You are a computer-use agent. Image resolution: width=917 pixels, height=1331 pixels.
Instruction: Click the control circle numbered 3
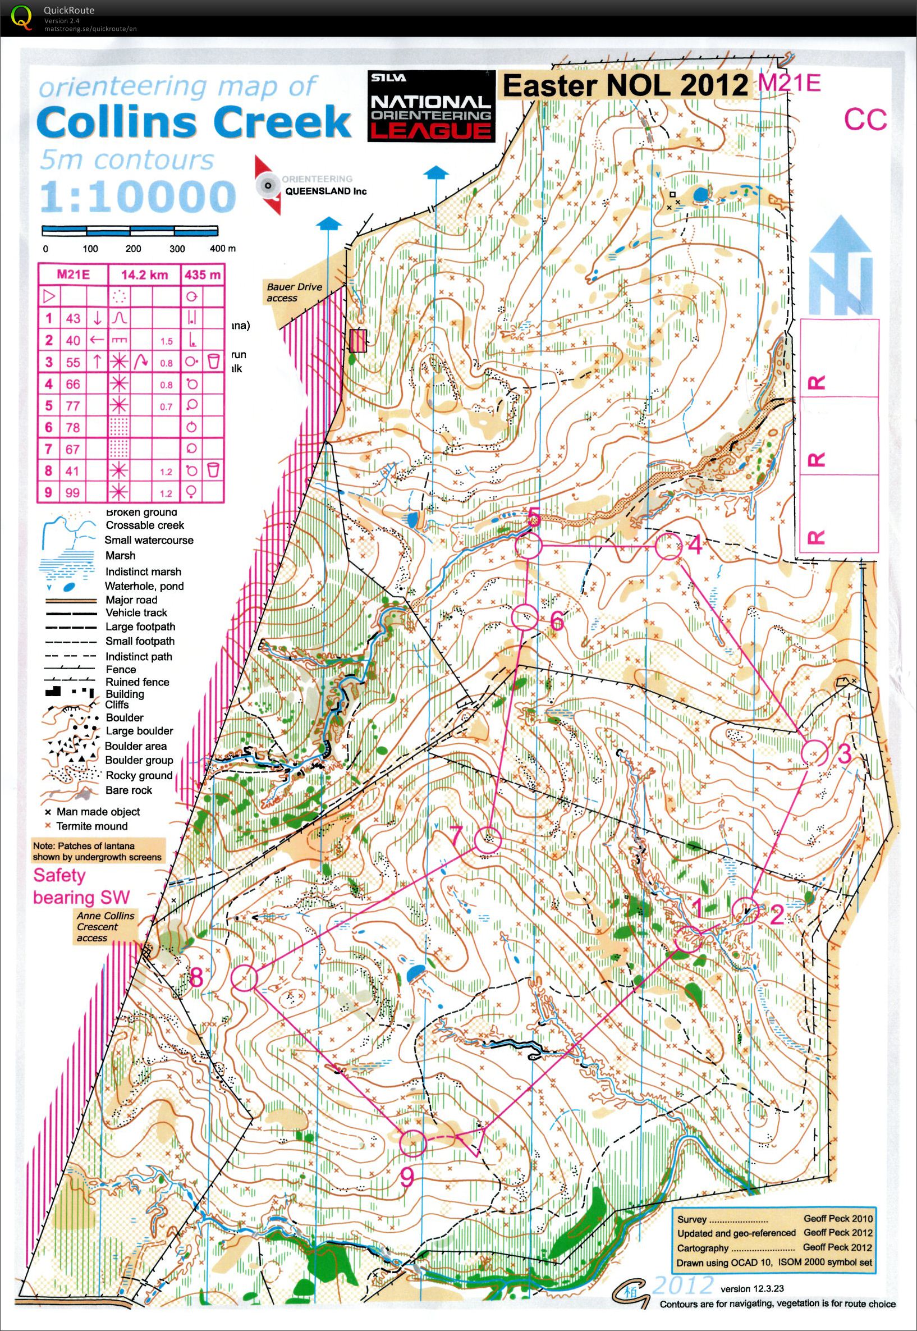(x=814, y=752)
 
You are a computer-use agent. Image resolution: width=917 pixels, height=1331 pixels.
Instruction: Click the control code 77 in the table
(x=73, y=405)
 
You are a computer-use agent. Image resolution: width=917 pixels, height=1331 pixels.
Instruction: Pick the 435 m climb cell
(x=202, y=275)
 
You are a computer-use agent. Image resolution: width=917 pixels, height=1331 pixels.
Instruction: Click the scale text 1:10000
(x=137, y=197)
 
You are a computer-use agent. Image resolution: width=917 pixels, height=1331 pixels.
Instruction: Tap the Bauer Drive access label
(x=294, y=292)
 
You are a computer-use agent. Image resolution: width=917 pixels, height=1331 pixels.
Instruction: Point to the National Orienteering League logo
(x=431, y=106)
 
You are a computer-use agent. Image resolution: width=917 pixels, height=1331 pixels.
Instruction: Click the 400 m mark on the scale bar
(x=218, y=249)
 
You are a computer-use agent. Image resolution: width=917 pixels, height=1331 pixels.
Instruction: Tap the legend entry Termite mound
(x=92, y=826)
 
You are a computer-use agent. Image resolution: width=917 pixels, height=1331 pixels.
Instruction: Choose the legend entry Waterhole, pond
(x=144, y=586)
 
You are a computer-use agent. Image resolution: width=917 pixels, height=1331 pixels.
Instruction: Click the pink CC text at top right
(x=865, y=120)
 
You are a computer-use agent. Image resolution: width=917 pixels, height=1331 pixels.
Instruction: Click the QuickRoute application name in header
(x=68, y=10)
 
